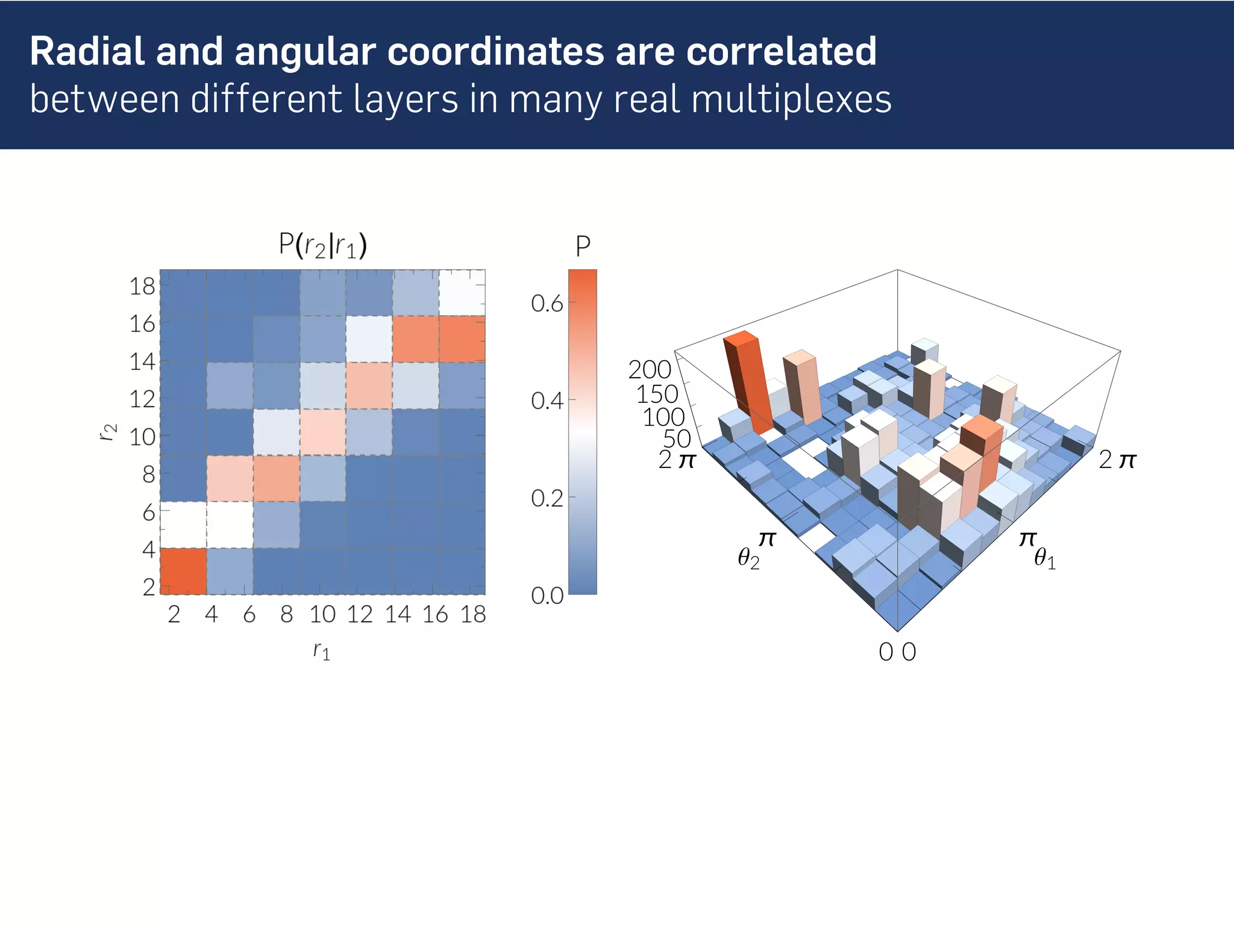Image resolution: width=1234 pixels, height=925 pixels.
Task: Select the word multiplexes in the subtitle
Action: tap(791, 99)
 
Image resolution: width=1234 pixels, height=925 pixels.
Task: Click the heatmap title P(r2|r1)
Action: tap(323, 245)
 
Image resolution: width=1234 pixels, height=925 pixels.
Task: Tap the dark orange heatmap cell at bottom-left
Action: tap(183, 571)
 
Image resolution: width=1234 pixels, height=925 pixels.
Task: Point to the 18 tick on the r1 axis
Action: tap(473, 614)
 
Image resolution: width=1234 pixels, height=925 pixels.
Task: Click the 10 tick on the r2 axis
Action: tap(142, 437)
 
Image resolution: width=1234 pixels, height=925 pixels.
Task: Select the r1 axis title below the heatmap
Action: tap(322, 651)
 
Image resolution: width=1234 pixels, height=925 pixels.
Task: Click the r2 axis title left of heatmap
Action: tap(108, 432)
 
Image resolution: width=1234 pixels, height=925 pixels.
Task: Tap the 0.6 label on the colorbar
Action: tap(547, 304)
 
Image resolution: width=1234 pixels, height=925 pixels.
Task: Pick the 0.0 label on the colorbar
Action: tap(547, 596)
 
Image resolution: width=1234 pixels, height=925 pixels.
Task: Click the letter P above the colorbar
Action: tap(583, 246)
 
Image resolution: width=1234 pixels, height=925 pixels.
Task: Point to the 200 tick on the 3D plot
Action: tap(650, 369)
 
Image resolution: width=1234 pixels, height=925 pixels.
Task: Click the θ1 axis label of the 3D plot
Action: tap(1045, 559)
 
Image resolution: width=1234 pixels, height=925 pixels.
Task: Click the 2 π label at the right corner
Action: tap(1117, 460)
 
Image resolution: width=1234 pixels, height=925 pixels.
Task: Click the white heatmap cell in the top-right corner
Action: tap(462, 293)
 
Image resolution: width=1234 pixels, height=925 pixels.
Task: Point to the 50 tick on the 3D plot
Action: tap(677, 439)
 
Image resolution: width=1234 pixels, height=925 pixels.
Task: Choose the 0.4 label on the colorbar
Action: tap(547, 400)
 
